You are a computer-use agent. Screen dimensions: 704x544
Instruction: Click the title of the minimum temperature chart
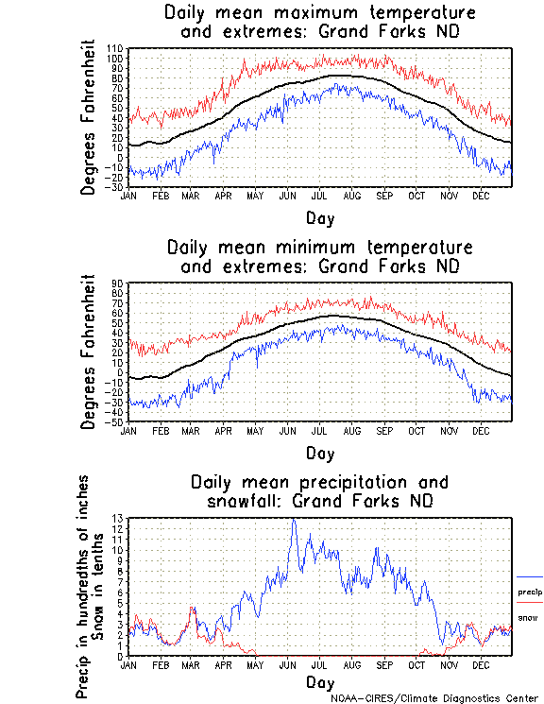point(320,256)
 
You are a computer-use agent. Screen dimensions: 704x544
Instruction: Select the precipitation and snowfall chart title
point(320,490)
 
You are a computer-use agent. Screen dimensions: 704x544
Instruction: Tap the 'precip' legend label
point(530,592)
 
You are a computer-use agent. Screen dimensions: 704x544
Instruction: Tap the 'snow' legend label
point(528,617)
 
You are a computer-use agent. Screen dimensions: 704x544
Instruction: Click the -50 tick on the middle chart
point(115,421)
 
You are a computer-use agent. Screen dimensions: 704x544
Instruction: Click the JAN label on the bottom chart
point(129,665)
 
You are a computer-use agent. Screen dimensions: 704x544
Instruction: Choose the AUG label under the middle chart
point(352,430)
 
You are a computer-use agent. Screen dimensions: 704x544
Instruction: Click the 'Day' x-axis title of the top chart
point(320,218)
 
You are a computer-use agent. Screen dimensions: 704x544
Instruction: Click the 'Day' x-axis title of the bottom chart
point(320,682)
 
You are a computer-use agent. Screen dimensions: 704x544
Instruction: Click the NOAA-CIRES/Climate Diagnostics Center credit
point(433,698)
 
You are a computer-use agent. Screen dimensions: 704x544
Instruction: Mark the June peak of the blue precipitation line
point(294,519)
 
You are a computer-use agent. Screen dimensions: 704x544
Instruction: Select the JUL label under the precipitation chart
point(321,665)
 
